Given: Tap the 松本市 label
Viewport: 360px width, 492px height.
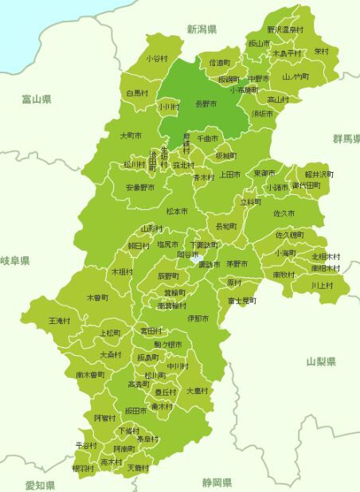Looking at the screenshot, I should (x=177, y=212).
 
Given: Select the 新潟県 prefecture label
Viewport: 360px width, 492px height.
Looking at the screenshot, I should (x=202, y=29).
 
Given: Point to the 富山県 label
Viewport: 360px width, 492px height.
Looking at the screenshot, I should (x=37, y=100).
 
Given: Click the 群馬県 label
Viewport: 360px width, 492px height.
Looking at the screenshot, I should (x=346, y=139).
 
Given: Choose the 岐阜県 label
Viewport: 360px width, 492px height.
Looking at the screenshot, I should (x=15, y=261).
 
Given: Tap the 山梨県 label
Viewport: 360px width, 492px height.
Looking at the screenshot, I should (x=321, y=361).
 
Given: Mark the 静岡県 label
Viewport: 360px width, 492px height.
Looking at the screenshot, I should (x=216, y=482).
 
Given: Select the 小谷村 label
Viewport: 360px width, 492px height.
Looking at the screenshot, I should (x=157, y=59).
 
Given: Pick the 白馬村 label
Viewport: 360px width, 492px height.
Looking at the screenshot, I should (x=139, y=93).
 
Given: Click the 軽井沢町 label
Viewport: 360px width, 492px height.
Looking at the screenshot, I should (x=319, y=174).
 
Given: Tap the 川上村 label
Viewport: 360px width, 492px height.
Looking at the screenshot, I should (x=323, y=284).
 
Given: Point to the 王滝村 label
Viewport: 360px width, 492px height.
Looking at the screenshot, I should (x=60, y=320).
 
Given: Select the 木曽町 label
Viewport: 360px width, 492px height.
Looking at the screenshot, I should (x=97, y=298).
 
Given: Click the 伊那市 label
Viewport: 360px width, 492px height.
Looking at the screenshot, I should (x=198, y=318).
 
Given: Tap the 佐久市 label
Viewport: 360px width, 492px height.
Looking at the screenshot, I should (x=284, y=214).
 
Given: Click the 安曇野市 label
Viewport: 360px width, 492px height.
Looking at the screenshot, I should (x=139, y=188).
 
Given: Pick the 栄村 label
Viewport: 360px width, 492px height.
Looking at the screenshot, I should (x=321, y=51).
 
